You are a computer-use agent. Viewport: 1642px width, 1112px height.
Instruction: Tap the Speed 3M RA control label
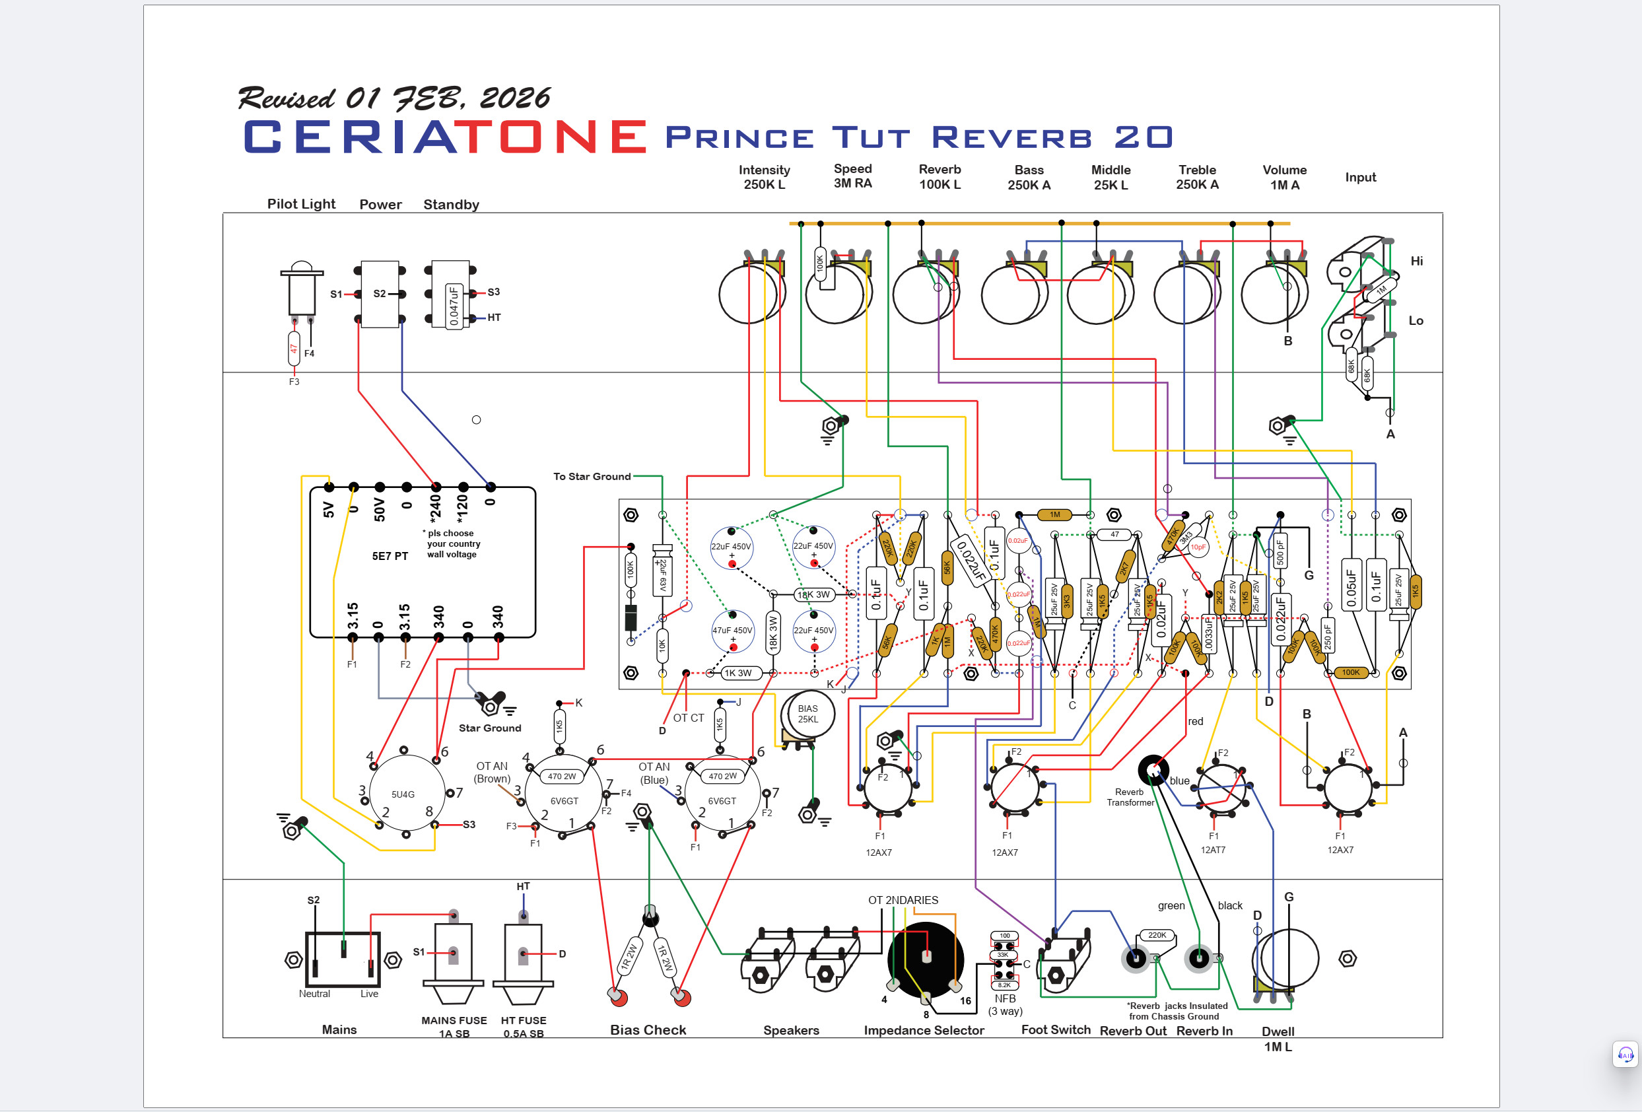point(853,176)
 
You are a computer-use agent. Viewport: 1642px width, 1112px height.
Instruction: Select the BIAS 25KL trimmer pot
point(807,714)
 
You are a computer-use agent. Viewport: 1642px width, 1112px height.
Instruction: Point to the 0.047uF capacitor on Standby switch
point(454,305)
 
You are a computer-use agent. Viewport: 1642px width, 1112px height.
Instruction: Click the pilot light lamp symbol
point(302,289)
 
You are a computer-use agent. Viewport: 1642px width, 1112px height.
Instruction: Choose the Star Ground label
point(490,728)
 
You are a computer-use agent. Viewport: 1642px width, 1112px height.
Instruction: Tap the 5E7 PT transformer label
point(390,556)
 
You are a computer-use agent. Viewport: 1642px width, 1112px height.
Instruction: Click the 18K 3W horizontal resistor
point(813,595)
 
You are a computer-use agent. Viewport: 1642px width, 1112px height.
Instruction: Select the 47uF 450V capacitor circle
point(732,630)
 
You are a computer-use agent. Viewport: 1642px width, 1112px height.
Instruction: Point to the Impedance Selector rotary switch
point(926,959)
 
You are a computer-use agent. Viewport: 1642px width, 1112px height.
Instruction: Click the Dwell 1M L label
point(1278,1039)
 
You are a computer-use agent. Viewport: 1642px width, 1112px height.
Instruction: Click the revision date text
point(393,98)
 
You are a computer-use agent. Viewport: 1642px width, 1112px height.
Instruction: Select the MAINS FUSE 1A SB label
point(454,1027)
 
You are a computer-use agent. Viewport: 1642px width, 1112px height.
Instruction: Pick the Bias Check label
point(648,1030)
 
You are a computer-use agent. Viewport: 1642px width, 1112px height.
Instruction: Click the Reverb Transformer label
point(1130,797)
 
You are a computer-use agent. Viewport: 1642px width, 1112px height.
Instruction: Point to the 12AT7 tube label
point(1212,850)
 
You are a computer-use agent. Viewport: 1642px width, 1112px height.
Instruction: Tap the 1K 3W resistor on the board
point(737,674)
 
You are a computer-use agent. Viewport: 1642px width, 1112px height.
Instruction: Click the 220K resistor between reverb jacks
point(1157,934)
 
